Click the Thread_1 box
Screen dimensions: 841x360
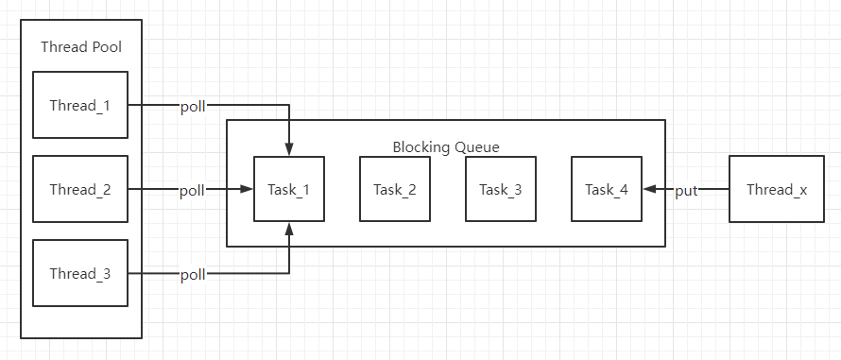pos(80,105)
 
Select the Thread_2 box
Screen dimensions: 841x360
pos(80,189)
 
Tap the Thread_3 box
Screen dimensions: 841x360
pos(80,273)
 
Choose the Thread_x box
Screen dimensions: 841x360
pos(777,189)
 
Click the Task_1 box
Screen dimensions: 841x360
pos(289,189)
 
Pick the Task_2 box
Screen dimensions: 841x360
pos(395,189)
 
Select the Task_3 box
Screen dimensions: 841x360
pos(501,189)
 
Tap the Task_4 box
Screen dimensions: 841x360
pos(607,189)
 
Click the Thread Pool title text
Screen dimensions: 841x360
pos(81,47)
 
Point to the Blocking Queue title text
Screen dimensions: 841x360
pos(446,147)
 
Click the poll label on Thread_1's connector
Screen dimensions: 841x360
pos(193,107)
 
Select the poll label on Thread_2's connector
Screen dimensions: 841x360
pos(193,191)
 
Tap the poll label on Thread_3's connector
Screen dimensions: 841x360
pos(193,275)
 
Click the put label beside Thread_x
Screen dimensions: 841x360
pos(686,191)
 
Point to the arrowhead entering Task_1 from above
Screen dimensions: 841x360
pos(290,150)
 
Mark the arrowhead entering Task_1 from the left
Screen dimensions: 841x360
pos(247,189)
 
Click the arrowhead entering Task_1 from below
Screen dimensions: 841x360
pos(290,228)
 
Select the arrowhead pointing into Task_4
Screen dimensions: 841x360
pos(649,189)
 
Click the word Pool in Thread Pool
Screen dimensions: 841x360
pos(110,47)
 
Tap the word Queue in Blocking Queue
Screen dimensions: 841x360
pos(477,147)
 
